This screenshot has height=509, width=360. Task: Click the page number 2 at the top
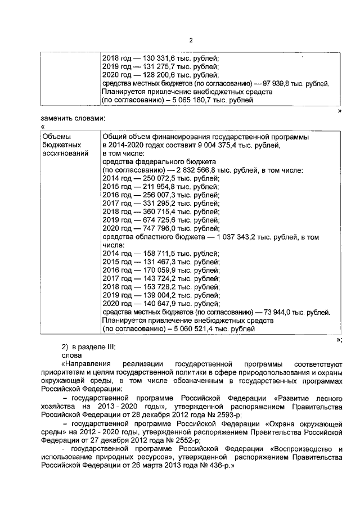(191, 40)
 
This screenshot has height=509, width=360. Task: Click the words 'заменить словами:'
(73, 118)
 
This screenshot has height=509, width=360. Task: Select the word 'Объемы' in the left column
(57, 137)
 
